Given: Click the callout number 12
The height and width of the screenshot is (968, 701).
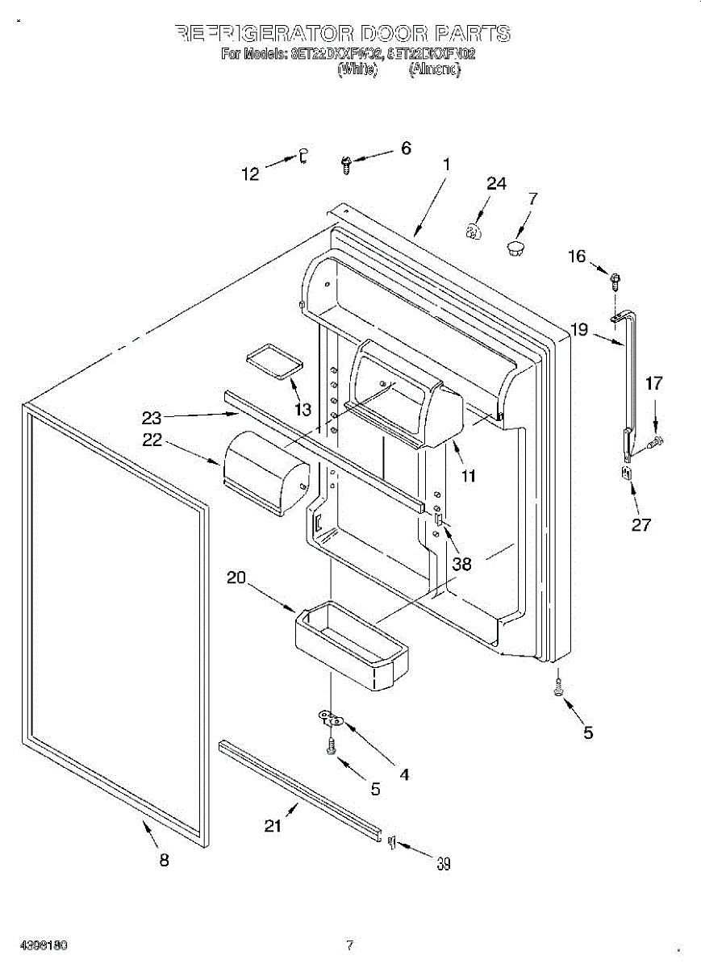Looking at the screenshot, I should tap(251, 173).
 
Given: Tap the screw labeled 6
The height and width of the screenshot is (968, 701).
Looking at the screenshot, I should tap(345, 165).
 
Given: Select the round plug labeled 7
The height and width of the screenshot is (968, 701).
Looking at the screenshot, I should tap(515, 246).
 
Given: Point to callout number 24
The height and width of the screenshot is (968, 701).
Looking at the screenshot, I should tap(496, 184).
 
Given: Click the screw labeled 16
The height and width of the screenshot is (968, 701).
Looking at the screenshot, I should tap(615, 281).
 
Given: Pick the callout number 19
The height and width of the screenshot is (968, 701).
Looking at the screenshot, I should tap(580, 329).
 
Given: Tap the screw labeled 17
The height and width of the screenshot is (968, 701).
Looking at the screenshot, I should tap(655, 440).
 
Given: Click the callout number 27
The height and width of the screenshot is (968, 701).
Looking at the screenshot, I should tap(640, 524).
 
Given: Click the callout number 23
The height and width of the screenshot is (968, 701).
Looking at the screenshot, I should tap(152, 418).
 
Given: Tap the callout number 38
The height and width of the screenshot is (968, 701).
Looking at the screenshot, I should tap(461, 564).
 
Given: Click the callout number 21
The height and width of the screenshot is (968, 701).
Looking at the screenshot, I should tap(274, 825).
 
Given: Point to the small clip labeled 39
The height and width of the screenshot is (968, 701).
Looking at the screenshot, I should tap(392, 842).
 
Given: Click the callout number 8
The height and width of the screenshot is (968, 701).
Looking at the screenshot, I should tap(164, 861).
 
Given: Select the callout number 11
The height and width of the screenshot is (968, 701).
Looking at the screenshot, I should tap(468, 476).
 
